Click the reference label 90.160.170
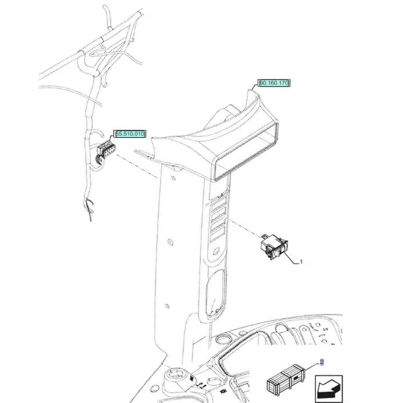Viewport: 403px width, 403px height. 274,83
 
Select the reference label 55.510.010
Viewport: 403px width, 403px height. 130,134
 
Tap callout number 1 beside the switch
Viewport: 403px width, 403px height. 301,262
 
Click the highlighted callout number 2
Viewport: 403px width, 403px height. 321,363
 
